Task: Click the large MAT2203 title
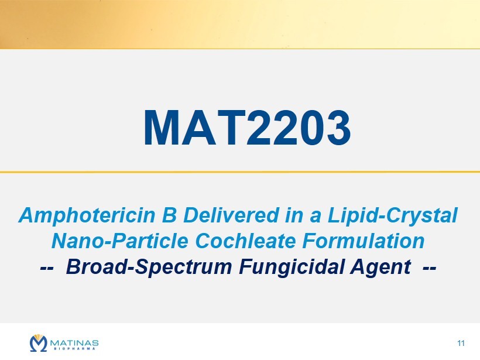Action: coord(247,127)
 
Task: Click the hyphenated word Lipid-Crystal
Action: coord(393,216)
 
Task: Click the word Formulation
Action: coord(364,241)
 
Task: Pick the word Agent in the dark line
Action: coord(380,268)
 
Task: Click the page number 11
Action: coord(461,343)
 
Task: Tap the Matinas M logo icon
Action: coord(39,343)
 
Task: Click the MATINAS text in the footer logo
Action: coord(74,342)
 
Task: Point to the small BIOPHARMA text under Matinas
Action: coord(74,348)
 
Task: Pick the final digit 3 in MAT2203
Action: coord(337,128)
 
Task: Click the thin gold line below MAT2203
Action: coord(240,172)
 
